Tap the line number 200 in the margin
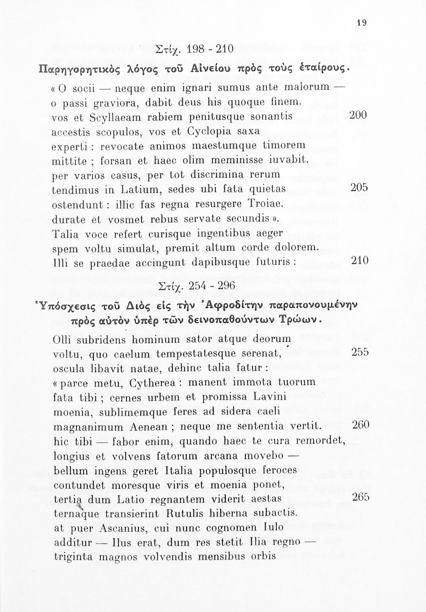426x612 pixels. coord(359,115)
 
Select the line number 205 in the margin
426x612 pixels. coord(359,187)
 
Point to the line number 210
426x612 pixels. coord(360,260)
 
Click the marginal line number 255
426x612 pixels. coord(360,352)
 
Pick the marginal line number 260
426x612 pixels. coord(360,425)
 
